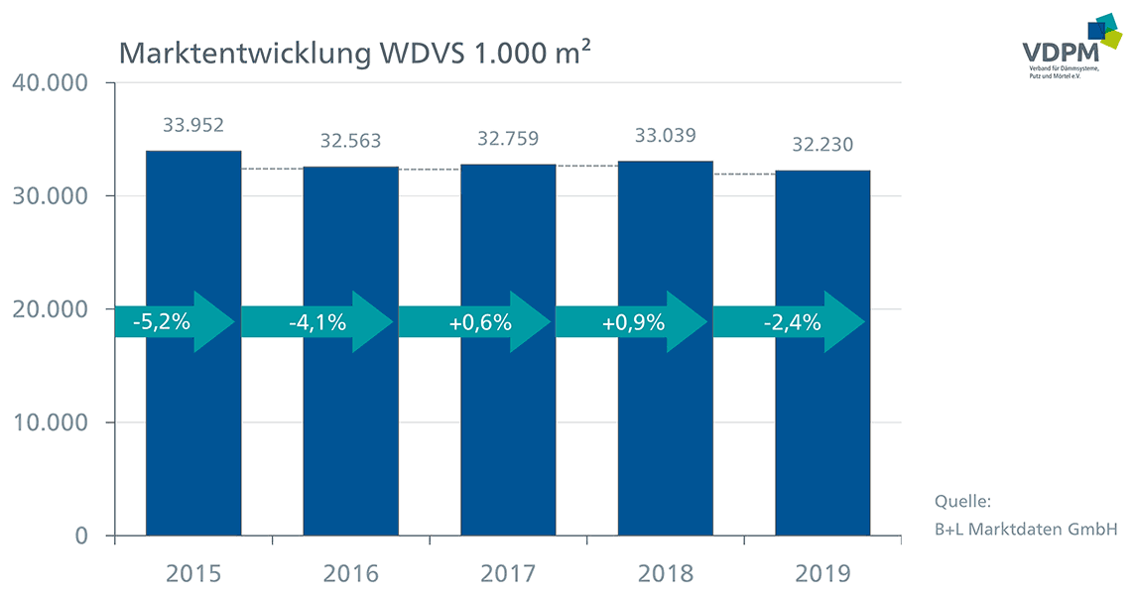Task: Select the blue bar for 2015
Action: pyautogui.click(x=193, y=343)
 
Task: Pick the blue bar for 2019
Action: pyautogui.click(x=822, y=353)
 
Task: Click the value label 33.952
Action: pyautogui.click(x=193, y=125)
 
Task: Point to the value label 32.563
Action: pyautogui.click(x=350, y=141)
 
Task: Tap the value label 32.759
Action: pyautogui.click(x=508, y=138)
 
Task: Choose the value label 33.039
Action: pyautogui.click(x=665, y=136)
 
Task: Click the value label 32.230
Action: pyautogui.click(x=822, y=145)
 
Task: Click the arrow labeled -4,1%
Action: pyautogui.click(x=317, y=322)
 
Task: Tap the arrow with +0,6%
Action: pyautogui.click(x=475, y=322)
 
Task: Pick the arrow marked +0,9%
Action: pyautogui.click(x=632, y=322)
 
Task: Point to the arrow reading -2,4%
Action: pyautogui.click(x=789, y=322)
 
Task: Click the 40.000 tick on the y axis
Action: pyautogui.click(x=50, y=82)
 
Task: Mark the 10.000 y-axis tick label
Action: pyautogui.click(x=50, y=422)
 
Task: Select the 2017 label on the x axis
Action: pyautogui.click(x=508, y=574)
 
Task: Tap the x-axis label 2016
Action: pyautogui.click(x=350, y=574)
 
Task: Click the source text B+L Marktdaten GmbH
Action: pyautogui.click(x=1026, y=530)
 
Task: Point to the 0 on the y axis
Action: pyautogui.click(x=81, y=536)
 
